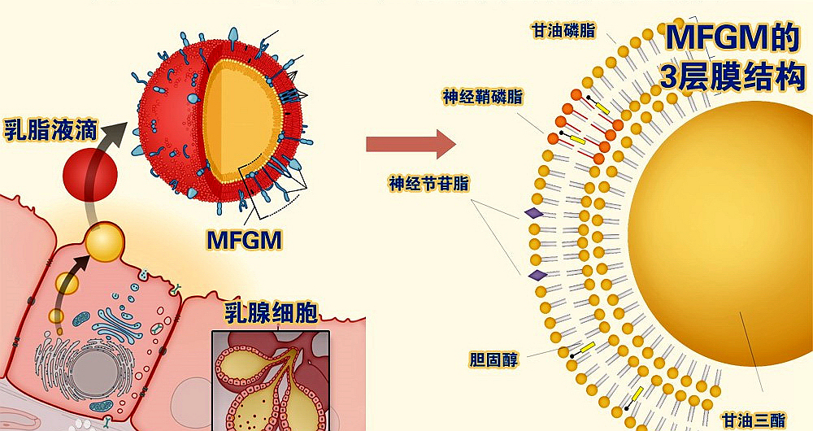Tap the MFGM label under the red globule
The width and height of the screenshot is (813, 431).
243,240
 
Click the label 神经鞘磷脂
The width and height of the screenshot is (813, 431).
483,98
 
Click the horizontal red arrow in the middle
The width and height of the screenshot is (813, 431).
409,144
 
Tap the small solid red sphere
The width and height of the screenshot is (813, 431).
86,173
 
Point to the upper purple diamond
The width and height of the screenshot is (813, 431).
533,213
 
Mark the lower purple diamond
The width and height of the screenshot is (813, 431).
537,276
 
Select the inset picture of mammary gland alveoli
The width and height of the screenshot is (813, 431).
270,378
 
